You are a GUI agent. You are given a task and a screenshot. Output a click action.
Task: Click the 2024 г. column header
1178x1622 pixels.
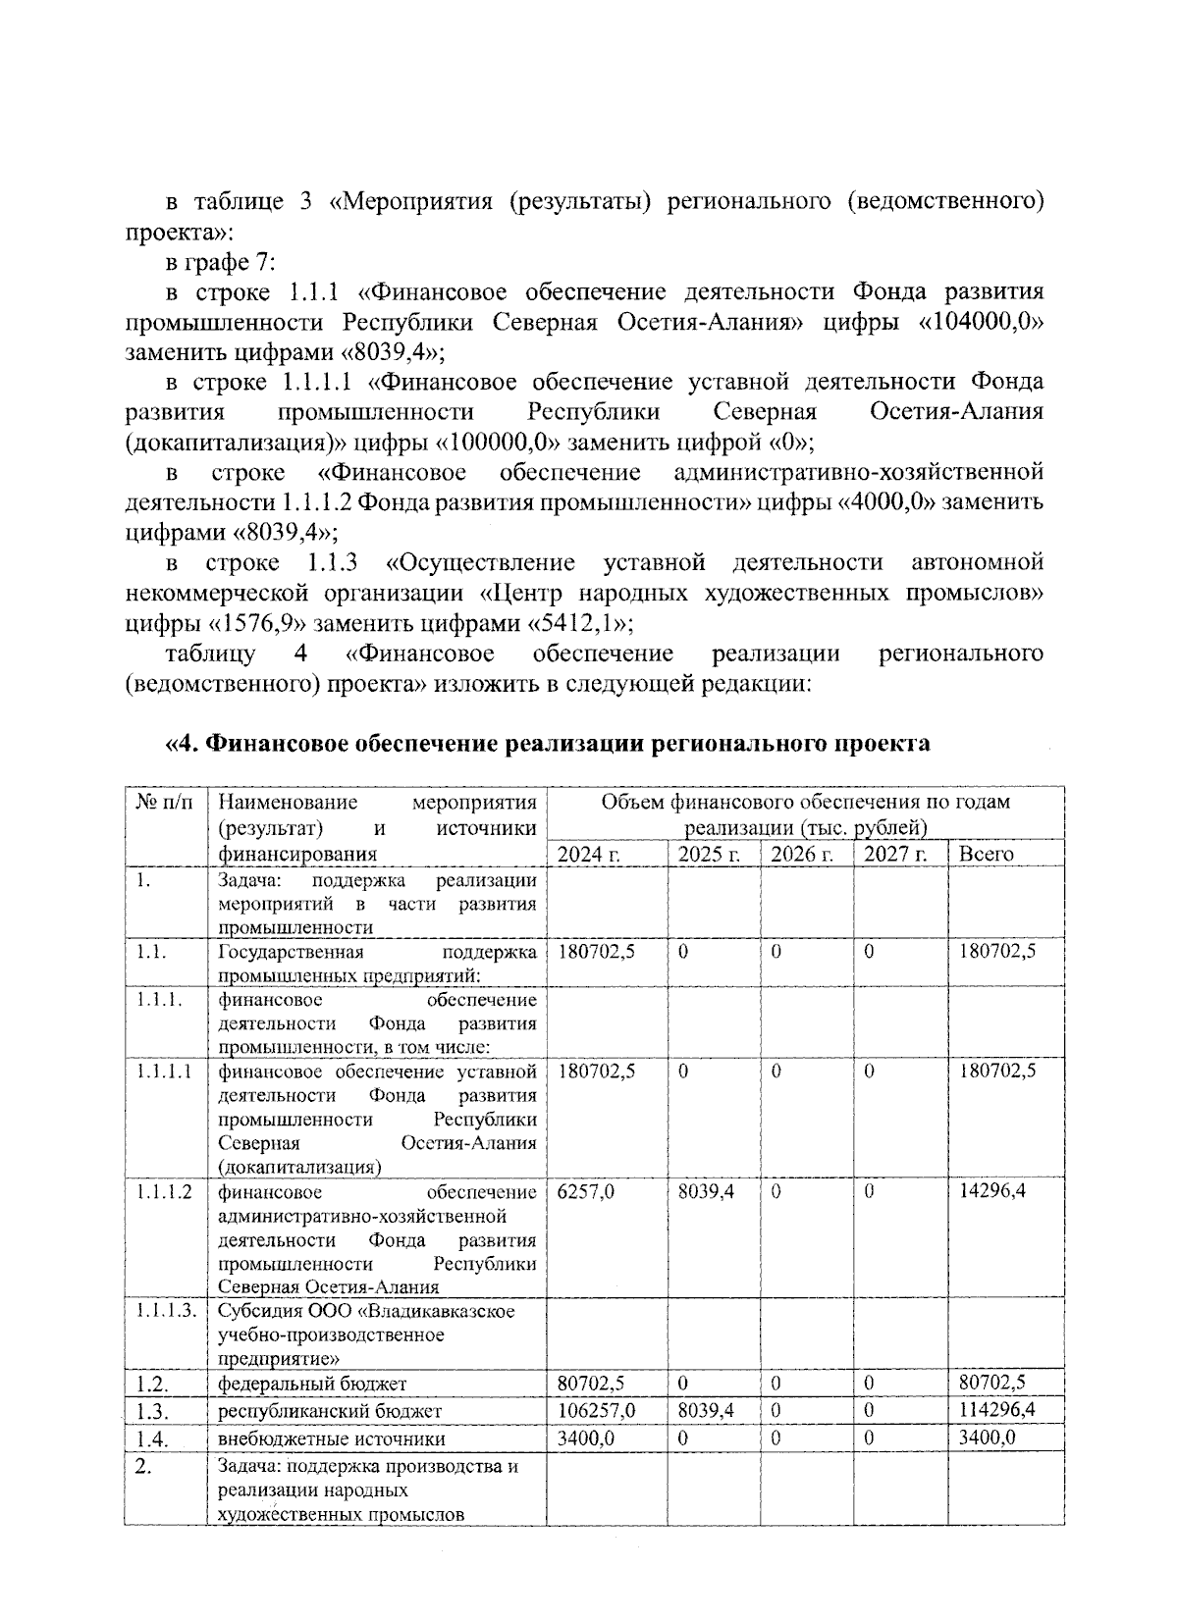[589, 854]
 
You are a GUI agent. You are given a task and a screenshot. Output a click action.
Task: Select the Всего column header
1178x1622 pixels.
[986, 854]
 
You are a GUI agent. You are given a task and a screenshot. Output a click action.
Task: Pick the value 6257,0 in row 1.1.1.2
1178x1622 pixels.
[585, 1192]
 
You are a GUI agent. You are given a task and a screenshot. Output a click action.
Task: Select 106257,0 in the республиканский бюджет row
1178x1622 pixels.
[596, 1411]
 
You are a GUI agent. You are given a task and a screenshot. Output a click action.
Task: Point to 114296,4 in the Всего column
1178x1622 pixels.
[997, 1411]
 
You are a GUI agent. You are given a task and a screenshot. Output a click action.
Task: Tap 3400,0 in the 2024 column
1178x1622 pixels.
[585, 1439]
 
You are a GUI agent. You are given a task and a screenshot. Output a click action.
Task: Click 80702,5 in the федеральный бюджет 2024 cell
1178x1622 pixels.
[591, 1384]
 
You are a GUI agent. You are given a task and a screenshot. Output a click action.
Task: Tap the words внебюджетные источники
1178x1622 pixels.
[331, 1439]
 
